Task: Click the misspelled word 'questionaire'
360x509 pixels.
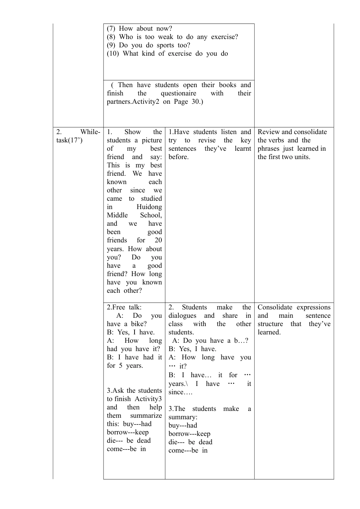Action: tap(178, 93)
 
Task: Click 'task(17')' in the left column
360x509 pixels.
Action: tap(69, 140)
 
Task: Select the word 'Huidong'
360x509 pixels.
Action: tap(149, 207)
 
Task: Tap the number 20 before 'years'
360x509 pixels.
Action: tap(158, 240)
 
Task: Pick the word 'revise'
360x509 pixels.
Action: tap(207, 140)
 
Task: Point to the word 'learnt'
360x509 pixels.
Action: tap(243, 148)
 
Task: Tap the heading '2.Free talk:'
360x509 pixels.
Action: tap(124, 307)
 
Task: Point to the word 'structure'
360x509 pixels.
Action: tap(270, 324)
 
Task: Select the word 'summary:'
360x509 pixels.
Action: tap(183, 417)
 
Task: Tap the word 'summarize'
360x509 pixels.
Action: tap(146, 415)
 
